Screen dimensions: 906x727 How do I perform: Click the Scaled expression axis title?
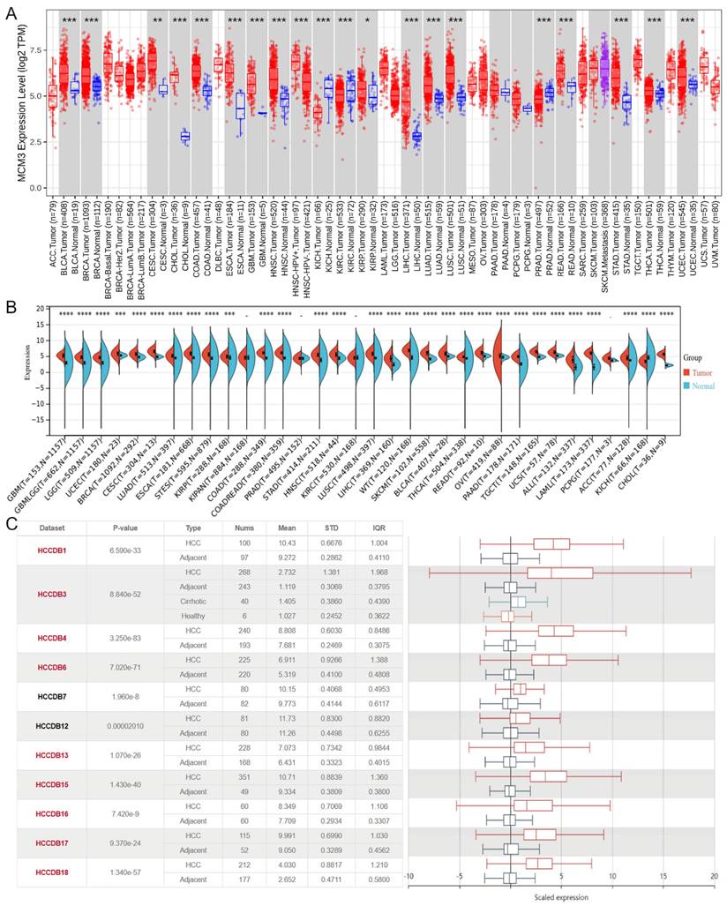point(561,898)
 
